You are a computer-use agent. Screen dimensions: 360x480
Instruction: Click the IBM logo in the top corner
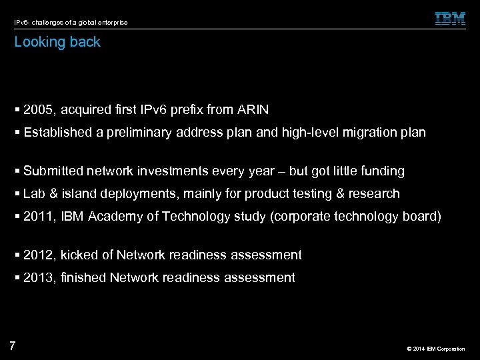point(450,19)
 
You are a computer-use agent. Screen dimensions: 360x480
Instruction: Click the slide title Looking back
point(57,42)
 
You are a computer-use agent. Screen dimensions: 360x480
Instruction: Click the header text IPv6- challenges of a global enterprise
point(70,23)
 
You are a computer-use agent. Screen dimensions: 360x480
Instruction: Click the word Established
point(57,133)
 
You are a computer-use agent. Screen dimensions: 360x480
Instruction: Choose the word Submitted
point(53,171)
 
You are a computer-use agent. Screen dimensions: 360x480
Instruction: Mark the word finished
point(83,278)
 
